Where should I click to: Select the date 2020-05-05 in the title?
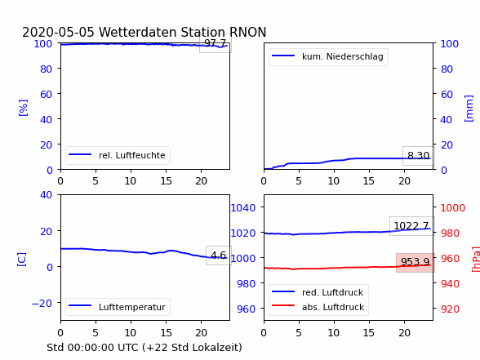pos(58,32)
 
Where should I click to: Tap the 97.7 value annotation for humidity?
pos(216,43)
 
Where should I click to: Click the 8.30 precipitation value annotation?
pos(419,156)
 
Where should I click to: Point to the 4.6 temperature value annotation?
pos(219,255)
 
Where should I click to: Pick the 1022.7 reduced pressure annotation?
pos(411,226)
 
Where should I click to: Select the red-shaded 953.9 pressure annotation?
pos(416,262)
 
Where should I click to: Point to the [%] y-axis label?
pos(23,108)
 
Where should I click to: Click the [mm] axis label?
pos(469,109)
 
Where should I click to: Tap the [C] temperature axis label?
pos(22,260)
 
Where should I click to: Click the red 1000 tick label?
pos(453,208)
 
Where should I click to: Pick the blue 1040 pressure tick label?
pos(243,208)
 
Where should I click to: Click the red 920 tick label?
pos(450,309)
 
